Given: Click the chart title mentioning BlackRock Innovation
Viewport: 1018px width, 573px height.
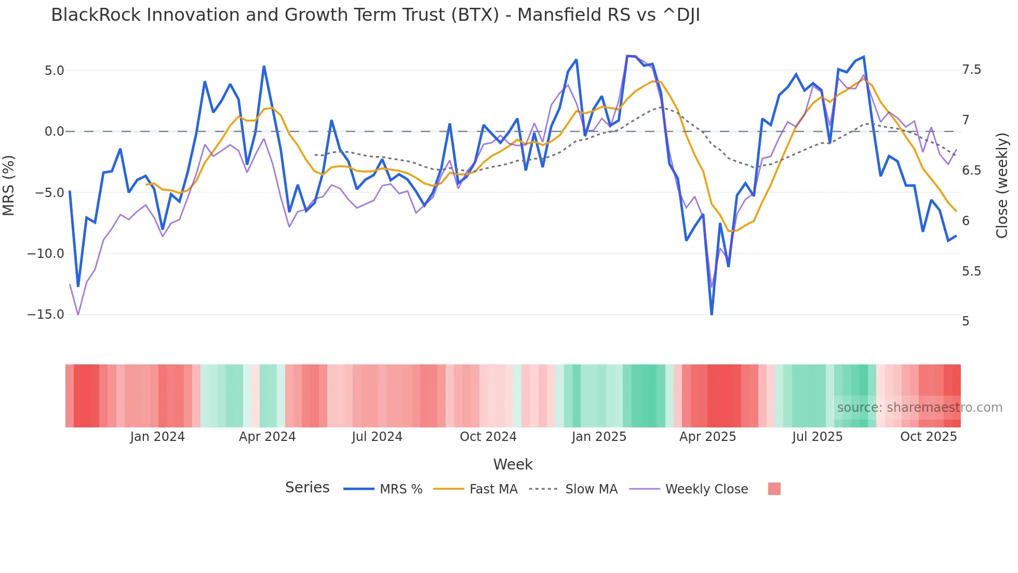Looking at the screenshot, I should [x=375, y=15].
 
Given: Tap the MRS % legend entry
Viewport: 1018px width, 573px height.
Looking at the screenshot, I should [x=383, y=489].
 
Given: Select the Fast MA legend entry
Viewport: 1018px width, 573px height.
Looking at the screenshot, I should [x=475, y=489].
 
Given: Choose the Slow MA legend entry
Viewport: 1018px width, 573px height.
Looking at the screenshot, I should [x=573, y=489].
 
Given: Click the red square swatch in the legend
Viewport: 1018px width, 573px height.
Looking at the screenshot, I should [x=774, y=489].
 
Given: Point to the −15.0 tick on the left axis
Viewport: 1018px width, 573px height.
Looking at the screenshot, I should [x=46, y=315].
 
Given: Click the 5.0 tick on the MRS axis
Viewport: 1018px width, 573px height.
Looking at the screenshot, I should [x=54, y=70].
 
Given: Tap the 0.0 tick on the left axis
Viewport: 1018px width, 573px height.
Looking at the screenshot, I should [x=54, y=132].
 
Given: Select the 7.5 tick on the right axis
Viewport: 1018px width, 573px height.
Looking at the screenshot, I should [x=971, y=70].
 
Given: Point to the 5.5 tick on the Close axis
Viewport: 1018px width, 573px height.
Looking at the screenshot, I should [x=971, y=271].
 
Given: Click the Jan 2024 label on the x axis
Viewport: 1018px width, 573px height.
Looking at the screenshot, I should [x=157, y=437].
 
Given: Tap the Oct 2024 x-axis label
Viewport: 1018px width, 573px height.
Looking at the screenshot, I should [x=488, y=437].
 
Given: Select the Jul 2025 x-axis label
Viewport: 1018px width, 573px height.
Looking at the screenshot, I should [x=817, y=437].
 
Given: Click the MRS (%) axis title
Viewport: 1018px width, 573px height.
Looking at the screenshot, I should [x=8, y=185].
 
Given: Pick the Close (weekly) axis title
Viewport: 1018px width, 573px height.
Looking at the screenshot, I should [x=1002, y=185].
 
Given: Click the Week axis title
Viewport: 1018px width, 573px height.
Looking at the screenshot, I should [x=513, y=464].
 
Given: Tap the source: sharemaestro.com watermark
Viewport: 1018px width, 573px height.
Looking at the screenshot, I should [x=919, y=407].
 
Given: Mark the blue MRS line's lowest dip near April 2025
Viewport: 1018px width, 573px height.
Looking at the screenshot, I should [x=712, y=314].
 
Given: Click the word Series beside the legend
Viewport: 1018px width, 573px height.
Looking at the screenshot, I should [x=307, y=488].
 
